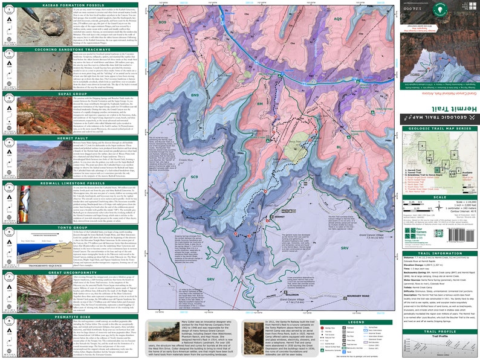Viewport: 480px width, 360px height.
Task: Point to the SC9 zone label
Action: pos(194,177)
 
